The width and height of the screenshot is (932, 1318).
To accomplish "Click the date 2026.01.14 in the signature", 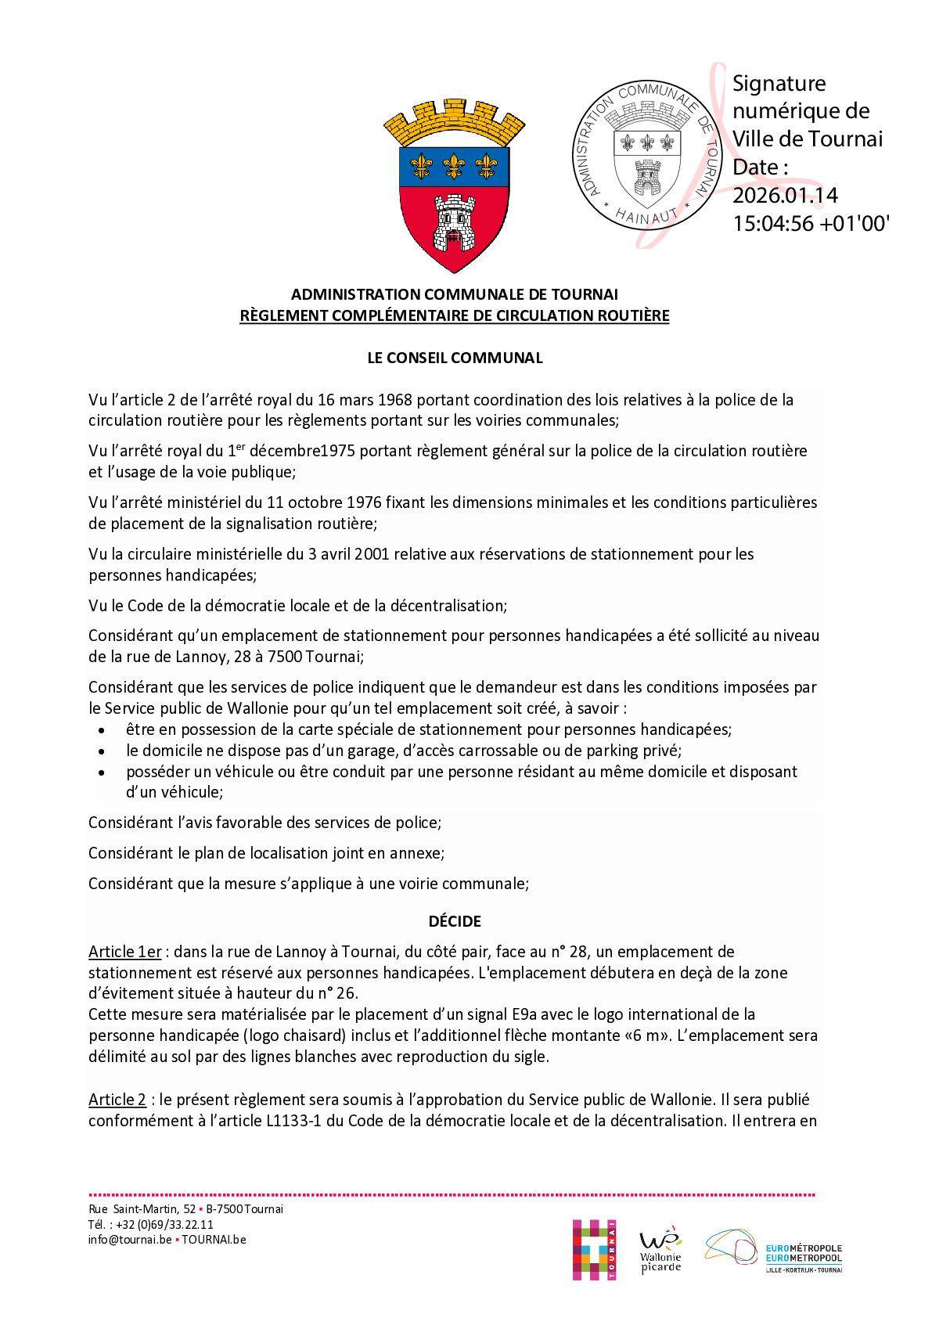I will pos(785,195).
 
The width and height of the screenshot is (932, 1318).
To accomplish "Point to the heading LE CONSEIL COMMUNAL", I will pos(455,358).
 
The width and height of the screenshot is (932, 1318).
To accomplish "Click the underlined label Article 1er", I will pos(124,952).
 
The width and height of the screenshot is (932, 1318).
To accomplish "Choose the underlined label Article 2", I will pos(117,1100).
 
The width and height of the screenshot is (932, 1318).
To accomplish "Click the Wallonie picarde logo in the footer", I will pos(660,1251).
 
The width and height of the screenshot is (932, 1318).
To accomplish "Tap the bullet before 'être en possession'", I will pos(102,730).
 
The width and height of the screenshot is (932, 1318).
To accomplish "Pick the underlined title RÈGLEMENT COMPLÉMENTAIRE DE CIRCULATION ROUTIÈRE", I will pos(455,316).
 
